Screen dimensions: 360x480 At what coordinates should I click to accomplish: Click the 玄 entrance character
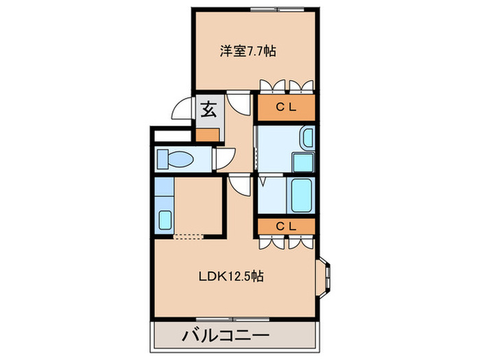[x=208, y=109]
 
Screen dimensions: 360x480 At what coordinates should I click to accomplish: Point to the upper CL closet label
[x=286, y=107]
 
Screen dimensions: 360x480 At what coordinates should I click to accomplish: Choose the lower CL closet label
[x=286, y=226]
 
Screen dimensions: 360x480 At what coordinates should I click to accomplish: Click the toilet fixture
[x=176, y=160]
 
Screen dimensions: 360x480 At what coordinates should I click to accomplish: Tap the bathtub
[x=302, y=196]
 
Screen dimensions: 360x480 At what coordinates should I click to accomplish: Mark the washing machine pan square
[x=302, y=163]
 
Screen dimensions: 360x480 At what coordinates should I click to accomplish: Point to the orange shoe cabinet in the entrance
[x=209, y=134]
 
